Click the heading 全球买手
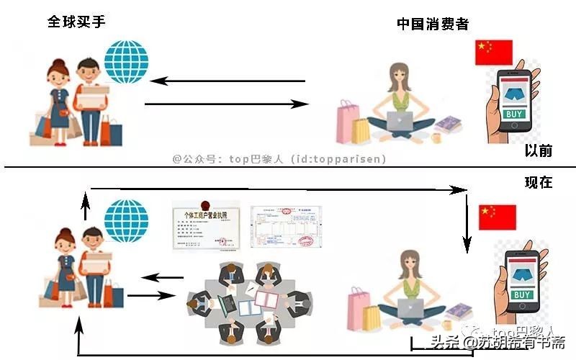76,22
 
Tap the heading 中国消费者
433,24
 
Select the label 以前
539,150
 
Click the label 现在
539,182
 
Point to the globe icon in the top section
126,63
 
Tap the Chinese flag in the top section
493,53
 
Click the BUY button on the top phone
515,114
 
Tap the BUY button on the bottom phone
523,294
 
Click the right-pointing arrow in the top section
228,105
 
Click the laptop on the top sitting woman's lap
400,121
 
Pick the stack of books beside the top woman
448,124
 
